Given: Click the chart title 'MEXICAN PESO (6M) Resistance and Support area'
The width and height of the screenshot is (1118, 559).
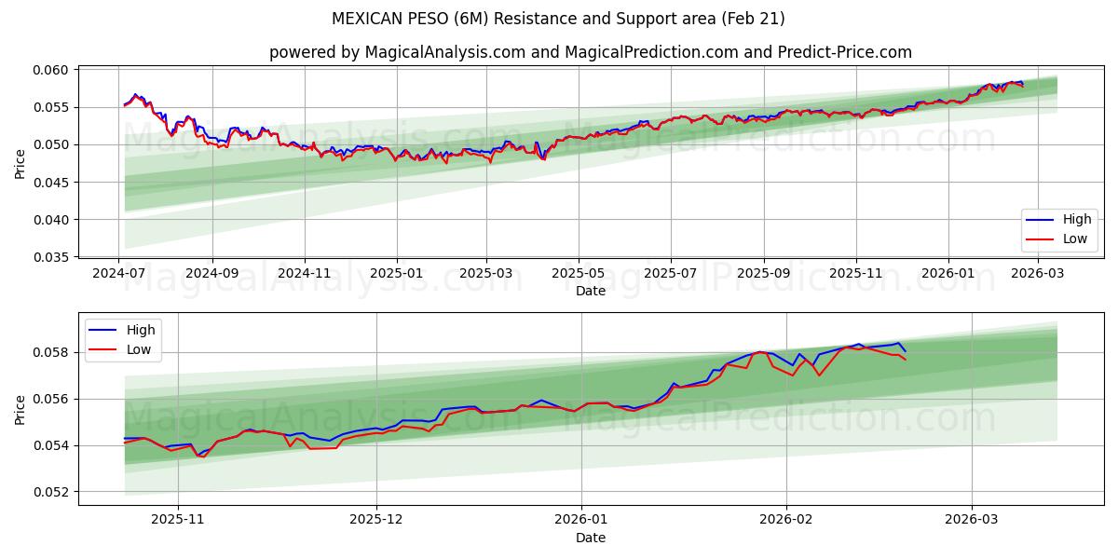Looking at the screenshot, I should [x=558, y=19].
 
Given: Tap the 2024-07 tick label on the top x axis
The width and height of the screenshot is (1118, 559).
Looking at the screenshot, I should [x=119, y=273].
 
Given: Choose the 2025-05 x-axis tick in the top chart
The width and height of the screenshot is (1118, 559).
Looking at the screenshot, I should [x=579, y=273].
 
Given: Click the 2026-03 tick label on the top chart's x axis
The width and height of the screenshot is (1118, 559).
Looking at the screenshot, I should [x=1039, y=273].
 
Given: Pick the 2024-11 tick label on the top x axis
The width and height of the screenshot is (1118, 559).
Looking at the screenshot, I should [x=304, y=273].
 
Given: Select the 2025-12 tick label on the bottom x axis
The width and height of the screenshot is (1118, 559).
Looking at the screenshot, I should [x=376, y=520].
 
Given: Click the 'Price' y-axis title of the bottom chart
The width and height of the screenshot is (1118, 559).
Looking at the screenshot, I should [x=20, y=409].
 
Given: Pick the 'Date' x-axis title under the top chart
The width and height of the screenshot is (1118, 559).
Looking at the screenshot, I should [x=591, y=291].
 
